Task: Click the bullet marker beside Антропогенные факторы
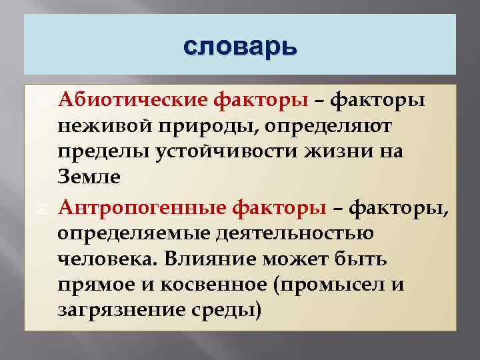(42, 208)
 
